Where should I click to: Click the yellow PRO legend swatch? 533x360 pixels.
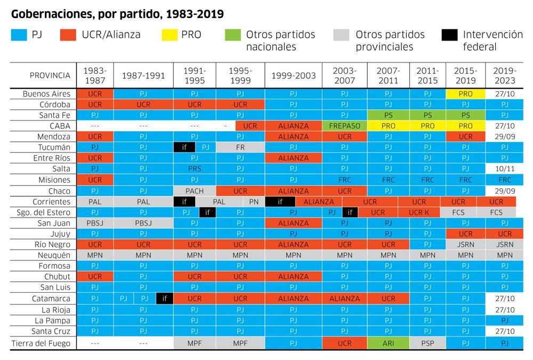pyautogui.click(x=168, y=35)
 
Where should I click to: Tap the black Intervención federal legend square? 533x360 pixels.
pyautogui.click(x=450, y=35)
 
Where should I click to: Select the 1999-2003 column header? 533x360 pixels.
pyautogui.click(x=293, y=76)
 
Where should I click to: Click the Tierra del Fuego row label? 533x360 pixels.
pyautogui.click(x=41, y=343)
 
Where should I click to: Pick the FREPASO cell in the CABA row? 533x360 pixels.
pyautogui.click(x=344, y=126)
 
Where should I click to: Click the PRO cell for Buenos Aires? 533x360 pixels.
pyautogui.click(x=465, y=94)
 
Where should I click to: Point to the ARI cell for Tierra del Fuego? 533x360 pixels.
pyautogui.click(x=388, y=343)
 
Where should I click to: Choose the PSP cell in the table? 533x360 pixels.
pyautogui.click(x=427, y=343)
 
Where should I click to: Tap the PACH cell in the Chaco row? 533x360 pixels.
pyautogui.click(x=195, y=191)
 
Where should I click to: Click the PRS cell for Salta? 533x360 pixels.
pyautogui.click(x=195, y=169)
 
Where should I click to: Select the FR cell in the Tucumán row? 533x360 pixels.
pyautogui.click(x=240, y=147)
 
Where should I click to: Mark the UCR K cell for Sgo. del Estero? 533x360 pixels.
pyautogui.click(x=419, y=212)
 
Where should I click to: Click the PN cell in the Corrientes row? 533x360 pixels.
pyautogui.click(x=254, y=202)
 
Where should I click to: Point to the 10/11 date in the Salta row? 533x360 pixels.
pyautogui.click(x=504, y=169)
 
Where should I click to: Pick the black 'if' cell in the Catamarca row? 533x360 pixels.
pyautogui.click(x=165, y=299)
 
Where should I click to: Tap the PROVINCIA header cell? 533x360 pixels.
pyautogui.click(x=50, y=76)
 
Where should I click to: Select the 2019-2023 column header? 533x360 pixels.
pyautogui.click(x=504, y=76)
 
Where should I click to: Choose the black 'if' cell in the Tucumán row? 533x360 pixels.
pyautogui.click(x=184, y=147)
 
